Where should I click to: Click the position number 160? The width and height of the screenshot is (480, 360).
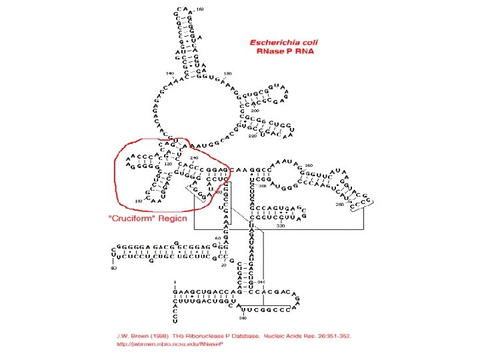point(200,9)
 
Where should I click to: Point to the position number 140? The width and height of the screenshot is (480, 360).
point(169,73)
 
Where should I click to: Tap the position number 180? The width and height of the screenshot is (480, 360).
point(227,73)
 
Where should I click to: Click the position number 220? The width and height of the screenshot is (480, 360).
point(252,135)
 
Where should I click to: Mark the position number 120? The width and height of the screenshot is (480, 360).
point(168,163)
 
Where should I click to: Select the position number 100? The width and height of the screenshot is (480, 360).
point(138,201)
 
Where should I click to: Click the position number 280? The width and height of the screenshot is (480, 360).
point(340,204)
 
